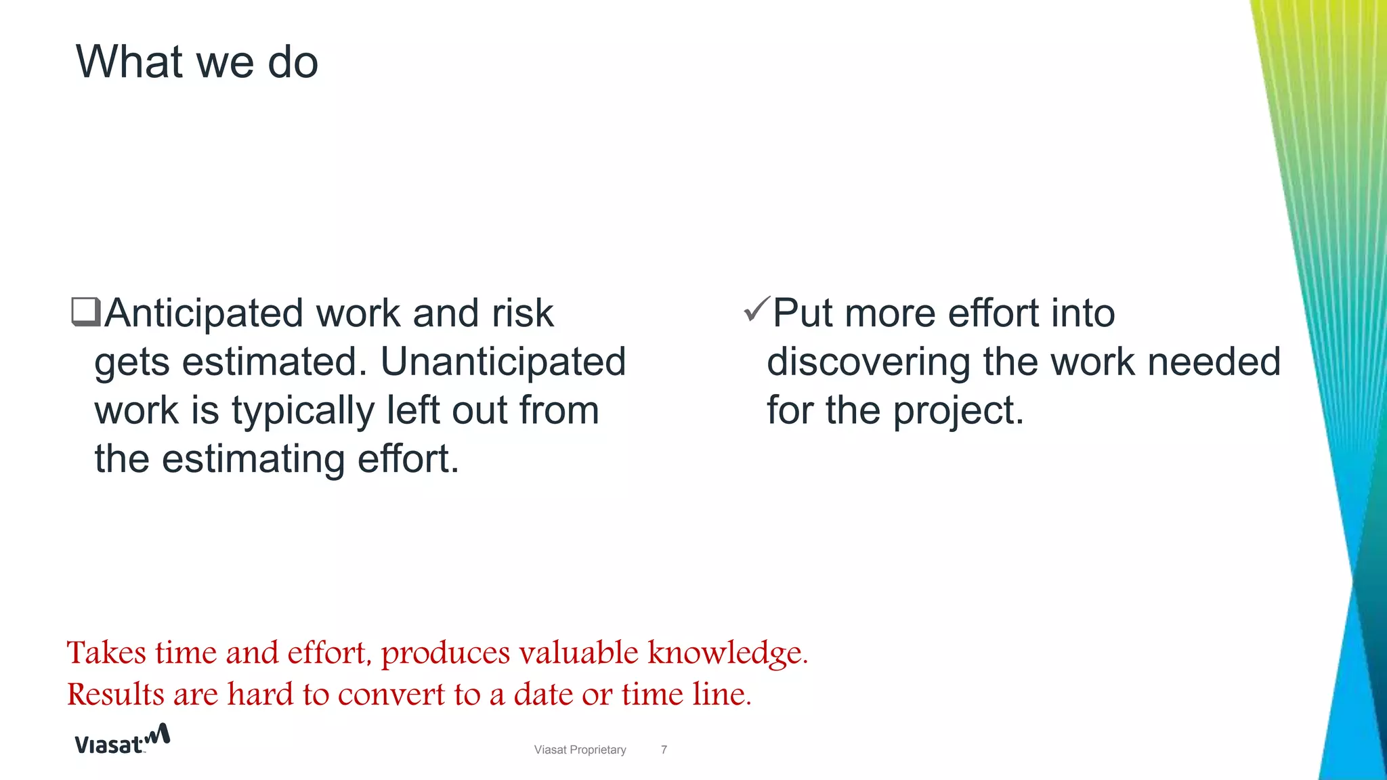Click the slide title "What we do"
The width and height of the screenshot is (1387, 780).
pos(196,62)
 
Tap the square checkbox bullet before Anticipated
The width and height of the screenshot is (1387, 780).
pos(86,312)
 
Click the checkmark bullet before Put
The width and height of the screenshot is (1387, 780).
pos(756,309)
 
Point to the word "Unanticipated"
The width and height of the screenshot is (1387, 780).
pos(503,362)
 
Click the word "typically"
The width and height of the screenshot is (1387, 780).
pos(303,411)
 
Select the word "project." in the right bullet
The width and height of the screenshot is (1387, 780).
pos(958,411)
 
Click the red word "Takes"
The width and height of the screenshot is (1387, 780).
pos(106,653)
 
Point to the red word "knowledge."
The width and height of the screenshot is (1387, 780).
pos(728,653)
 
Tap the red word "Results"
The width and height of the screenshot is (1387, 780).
pos(116,694)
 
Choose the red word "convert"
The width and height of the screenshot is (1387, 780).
pos(391,694)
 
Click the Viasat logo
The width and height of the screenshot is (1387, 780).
pos(122,739)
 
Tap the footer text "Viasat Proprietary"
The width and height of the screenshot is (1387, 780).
pos(580,750)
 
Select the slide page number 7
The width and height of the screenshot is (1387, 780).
pos(664,750)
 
